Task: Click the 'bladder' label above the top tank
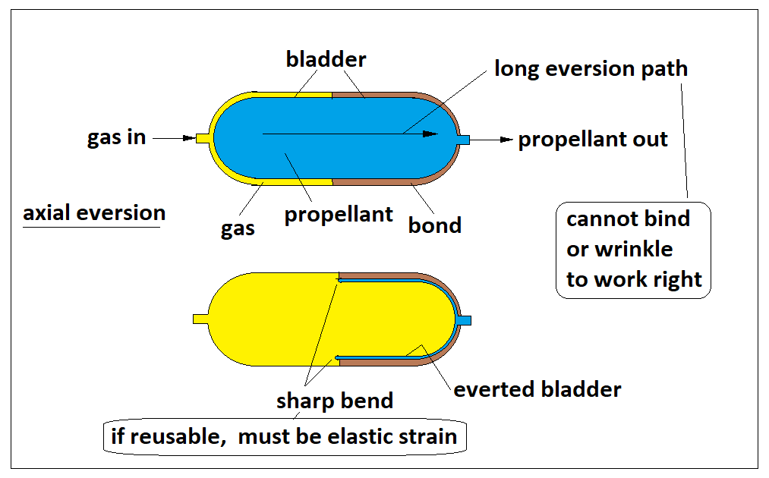click(326, 59)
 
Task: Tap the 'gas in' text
click(116, 139)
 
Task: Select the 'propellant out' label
click(592, 140)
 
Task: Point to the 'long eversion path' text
click(591, 69)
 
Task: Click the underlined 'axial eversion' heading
click(94, 212)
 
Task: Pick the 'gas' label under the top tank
click(238, 228)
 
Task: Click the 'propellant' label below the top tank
click(339, 215)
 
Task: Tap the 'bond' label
click(434, 225)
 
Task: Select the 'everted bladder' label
click(537, 390)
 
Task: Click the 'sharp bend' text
click(335, 400)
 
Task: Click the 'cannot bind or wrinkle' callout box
click(633, 250)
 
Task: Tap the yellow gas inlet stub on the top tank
click(202, 138)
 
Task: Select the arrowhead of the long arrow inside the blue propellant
click(430, 134)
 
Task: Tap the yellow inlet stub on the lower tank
click(201, 319)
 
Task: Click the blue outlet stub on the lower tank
click(465, 319)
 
